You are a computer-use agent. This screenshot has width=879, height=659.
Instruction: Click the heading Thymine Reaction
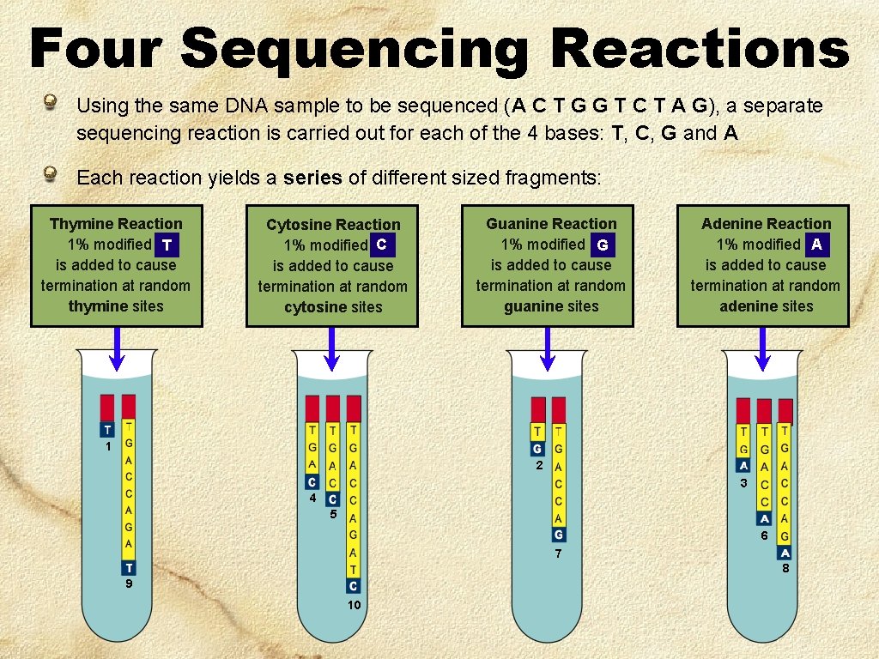pyautogui.click(x=116, y=224)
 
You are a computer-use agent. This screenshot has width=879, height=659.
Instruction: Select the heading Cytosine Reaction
pyautogui.click(x=333, y=225)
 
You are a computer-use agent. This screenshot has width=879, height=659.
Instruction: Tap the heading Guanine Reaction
pyautogui.click(x=551, y=224)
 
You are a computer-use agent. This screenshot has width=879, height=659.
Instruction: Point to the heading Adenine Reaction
pyautogui.click(x=767, y=224)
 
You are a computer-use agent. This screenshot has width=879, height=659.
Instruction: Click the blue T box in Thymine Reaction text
pyautogui.click(x=168, y=245)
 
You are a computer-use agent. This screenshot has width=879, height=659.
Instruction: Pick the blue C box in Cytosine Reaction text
pyautogui.click(x=382, y=245)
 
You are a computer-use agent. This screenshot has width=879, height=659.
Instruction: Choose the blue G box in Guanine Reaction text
pyautogui.click(x=603, y=245)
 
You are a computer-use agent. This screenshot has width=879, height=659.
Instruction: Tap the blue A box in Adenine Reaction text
pyautogui.click(x=817, y=245)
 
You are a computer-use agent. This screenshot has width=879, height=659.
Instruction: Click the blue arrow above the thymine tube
pyautogui.click(x=118, y=349)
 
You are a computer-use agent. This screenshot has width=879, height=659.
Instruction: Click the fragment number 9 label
pyautogui.click(x=128, y=584)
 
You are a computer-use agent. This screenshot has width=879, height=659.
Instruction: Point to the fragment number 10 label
pyautogui.click(x=354, y=606)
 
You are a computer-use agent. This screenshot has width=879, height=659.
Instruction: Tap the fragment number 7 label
pyautogui.click(x=558, y=554)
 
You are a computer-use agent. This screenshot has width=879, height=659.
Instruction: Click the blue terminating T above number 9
pyautogui.click(x=129, y=567)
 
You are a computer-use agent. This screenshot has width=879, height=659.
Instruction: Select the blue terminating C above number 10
pyautogui.click(x=353, y=586)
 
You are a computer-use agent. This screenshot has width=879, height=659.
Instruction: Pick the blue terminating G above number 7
pyautogui.click(x=558, y=535)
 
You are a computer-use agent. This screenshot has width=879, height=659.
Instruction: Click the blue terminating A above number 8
pyautogui.click(x=785, y=553)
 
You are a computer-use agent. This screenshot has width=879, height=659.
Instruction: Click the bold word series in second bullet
pyautogui.click(x=312, y=178)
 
